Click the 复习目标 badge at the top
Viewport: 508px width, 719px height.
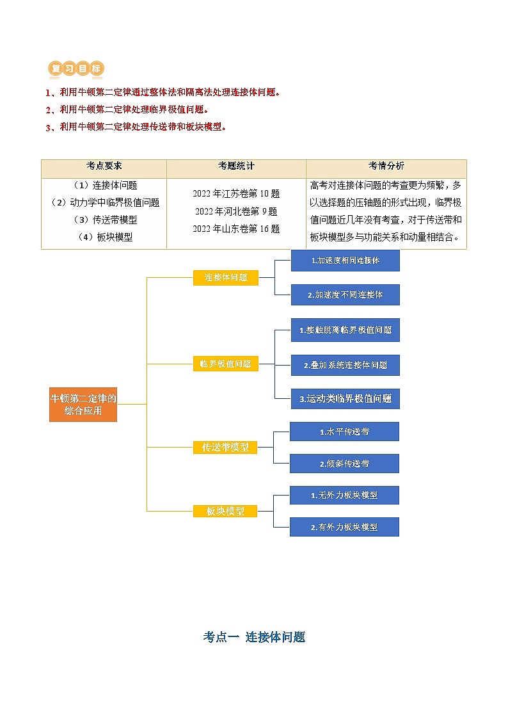click(75, 69)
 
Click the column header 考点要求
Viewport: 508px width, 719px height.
click(104, 166)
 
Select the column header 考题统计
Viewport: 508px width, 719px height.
click(236, 166)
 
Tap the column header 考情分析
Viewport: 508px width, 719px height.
click(386, 166)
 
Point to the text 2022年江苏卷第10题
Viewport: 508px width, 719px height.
click(236, 193)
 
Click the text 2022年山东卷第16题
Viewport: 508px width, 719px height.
click(236, 229)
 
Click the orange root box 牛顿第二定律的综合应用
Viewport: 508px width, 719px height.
click(83, 404)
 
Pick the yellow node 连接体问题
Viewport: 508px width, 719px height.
click(226, 278)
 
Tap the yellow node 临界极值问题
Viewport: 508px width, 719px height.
click(226, 364)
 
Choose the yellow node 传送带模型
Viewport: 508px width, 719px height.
click(225, 447)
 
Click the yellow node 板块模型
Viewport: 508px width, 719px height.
click(225, 511)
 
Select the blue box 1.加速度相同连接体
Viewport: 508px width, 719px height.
click(345, 261)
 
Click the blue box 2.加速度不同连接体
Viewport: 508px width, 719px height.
click(345, 295)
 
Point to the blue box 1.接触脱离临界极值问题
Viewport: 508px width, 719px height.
click(345, 330)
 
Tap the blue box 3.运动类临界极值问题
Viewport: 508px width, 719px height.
click(345, 398)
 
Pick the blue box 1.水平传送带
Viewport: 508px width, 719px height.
click(344, 432)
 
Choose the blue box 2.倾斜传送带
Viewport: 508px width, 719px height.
click(344, 464)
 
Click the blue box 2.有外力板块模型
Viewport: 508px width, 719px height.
click(344, 527)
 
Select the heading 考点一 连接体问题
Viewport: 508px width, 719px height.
click(254, 637)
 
